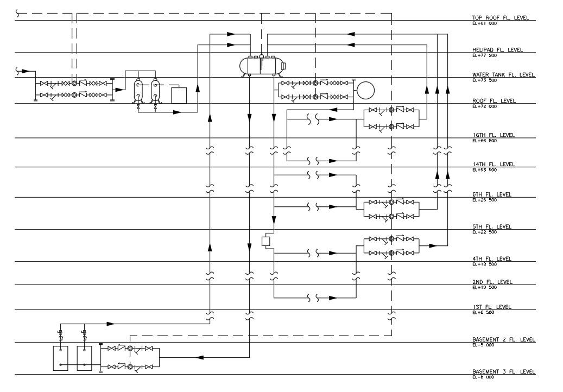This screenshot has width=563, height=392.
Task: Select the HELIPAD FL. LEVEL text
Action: coord(497,49)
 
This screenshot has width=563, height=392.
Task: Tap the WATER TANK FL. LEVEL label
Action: coord(503,74)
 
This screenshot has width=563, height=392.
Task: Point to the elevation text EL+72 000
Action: coord(484,106)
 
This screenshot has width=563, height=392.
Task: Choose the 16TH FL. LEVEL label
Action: coord(493,135)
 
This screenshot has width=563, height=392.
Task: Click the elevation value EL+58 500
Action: coord(484,170)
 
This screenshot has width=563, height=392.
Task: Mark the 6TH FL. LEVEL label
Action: coord(492,194)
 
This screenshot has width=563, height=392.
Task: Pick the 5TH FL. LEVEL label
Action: coord(492,226)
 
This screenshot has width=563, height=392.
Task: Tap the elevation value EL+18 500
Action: coord(484,264)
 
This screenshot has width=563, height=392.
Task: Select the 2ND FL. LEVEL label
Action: coord(492,282)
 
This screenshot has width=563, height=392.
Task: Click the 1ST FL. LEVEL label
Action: coord(491,307)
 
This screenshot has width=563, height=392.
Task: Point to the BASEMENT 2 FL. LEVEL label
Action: coord(503,339)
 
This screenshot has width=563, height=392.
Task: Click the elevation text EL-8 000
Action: coord(483,377)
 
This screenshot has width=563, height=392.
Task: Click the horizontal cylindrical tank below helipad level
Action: coord(263,66)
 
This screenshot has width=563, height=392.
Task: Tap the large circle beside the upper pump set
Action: coord(366,90)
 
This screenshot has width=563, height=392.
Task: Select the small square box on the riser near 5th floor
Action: coord(266,241)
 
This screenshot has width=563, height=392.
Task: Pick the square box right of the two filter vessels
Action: coord(179,95)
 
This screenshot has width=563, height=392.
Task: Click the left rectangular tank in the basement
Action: coord(60,358)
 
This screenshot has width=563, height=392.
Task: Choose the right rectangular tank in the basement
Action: coord(85,358)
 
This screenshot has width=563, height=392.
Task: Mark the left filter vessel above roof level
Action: coord(138,90)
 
